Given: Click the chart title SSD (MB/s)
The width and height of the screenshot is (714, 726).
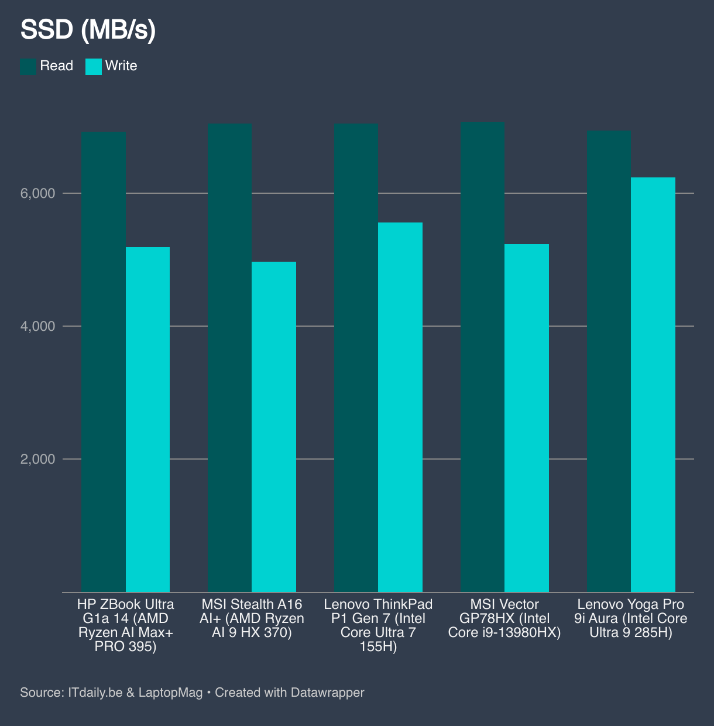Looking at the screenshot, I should [x=88, y=30].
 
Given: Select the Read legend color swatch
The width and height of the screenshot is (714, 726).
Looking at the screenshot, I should [x=28, y=66].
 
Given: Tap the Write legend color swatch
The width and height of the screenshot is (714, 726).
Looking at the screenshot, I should [x=94, y=66].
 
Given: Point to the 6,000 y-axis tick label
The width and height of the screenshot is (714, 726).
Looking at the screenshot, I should [x=38, y=194].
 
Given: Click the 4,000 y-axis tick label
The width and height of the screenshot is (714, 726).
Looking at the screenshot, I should [x=38, y=327].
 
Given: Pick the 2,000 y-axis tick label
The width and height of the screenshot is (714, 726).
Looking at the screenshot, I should [x=38, y=460].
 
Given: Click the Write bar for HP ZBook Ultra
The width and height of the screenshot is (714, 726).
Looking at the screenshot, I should [x=147, y=419].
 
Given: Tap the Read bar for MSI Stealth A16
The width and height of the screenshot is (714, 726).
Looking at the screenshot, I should [x=230, y=358].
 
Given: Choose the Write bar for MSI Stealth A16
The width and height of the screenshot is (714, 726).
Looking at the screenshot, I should [x=274, y=427].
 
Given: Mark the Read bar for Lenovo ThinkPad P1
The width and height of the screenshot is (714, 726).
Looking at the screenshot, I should [x=356, y=358].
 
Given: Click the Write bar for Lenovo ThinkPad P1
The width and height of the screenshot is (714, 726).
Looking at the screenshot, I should [x=400, y=407].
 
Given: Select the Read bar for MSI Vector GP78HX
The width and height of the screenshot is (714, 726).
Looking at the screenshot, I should [x=483, y=357].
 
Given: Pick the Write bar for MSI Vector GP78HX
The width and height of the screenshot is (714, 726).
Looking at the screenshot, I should [x=527, y=418].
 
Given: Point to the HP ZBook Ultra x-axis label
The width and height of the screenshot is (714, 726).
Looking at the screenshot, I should [x=126, y=625].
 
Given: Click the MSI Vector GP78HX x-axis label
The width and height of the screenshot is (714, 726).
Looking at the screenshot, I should [x=504, y=618].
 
